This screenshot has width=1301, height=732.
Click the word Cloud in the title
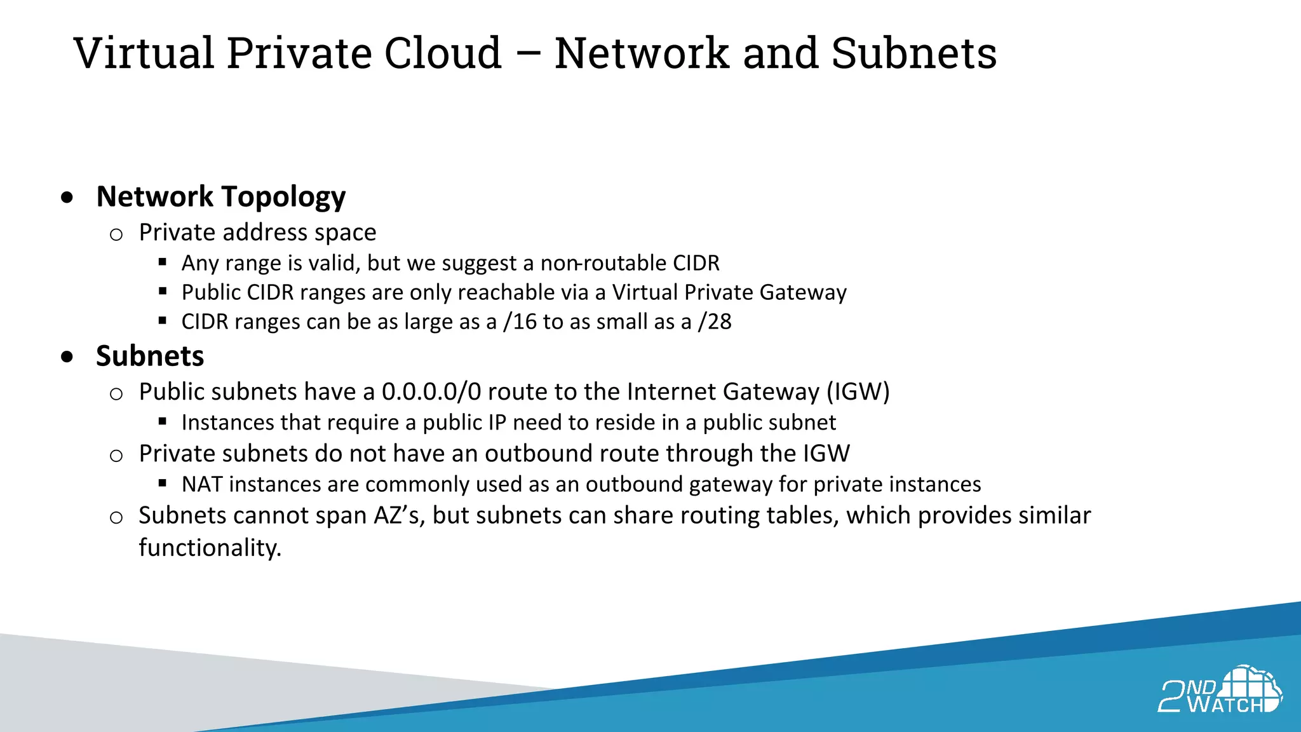coord(443,53)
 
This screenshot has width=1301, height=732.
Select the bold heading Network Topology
coord(220,197)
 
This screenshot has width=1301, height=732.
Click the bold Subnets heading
coord(150,356)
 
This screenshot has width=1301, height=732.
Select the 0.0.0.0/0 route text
coord(431,391)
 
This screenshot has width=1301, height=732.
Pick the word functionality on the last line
coord(210,548)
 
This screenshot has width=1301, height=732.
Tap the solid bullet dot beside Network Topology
coord(67,198)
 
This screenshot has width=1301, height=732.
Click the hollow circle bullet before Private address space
coord(116,234)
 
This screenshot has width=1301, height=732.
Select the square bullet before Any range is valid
coord(163,262)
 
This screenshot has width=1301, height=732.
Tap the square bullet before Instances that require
coord(163,421)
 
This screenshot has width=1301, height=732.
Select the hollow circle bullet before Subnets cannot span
coord(116,517)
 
